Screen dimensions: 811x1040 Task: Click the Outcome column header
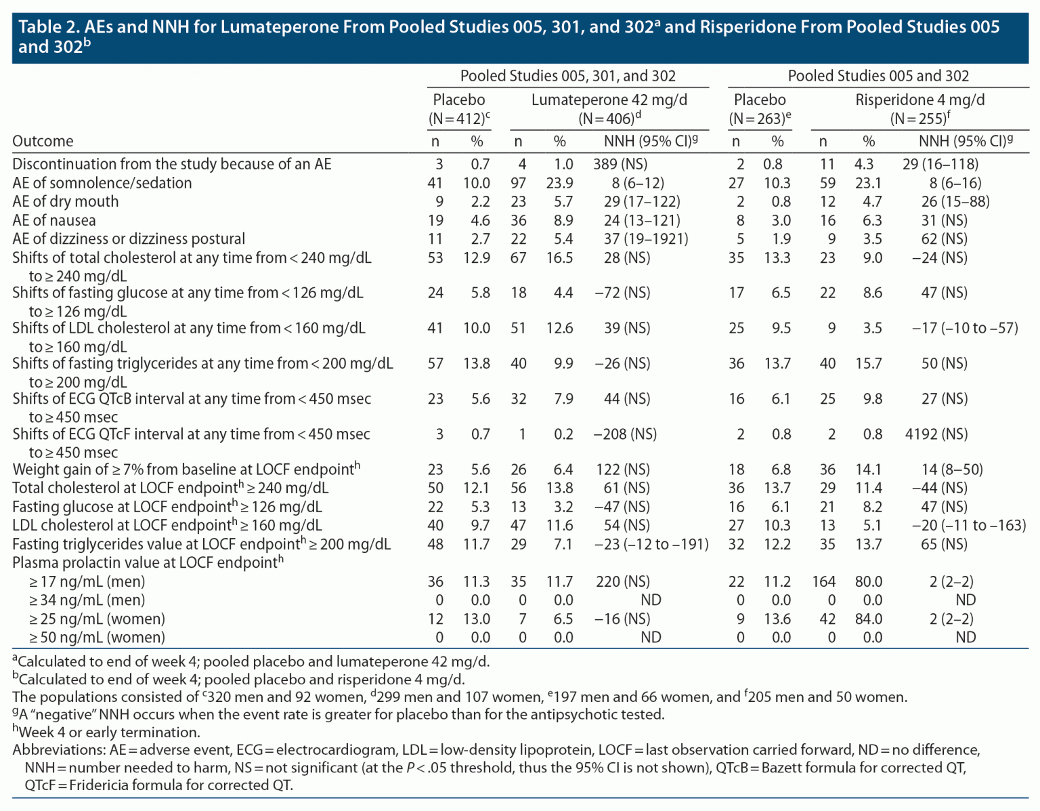click(x=43, y=141)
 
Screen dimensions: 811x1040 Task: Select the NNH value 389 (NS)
click(x=626, y=164)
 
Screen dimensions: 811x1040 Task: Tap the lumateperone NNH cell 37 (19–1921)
click(x=646, y=238)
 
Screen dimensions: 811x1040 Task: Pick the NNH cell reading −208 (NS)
click(x=625, y=434)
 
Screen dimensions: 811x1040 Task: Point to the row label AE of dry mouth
click(x=66, y=201)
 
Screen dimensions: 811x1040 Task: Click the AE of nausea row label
click(x=54, y=220)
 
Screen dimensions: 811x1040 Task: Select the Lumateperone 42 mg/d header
click(x=609, y=100)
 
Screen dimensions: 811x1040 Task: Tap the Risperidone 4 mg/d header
click(x=919, y=100)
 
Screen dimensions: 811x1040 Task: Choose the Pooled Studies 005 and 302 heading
click(x=878, y=76)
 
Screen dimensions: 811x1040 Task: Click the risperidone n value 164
click(x=824, y=581)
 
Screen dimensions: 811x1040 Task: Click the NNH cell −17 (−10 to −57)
click(x=965, y=328)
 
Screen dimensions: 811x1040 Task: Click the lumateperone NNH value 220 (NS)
click(x=622, y=581)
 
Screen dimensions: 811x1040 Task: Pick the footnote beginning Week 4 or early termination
click(x=108, y=732)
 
